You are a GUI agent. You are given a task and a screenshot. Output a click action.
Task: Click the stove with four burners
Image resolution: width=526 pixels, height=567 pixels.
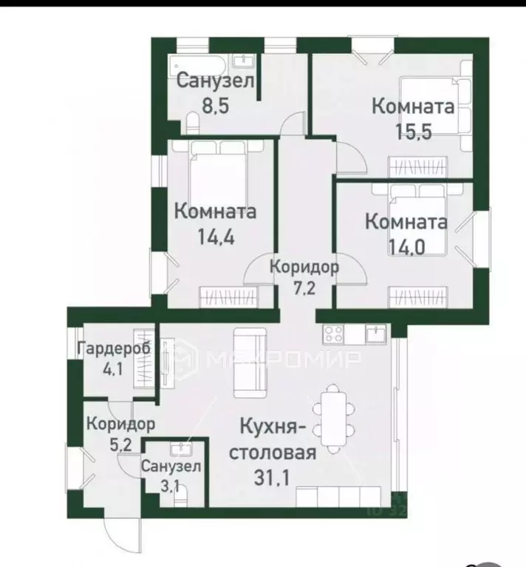[332, 333]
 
